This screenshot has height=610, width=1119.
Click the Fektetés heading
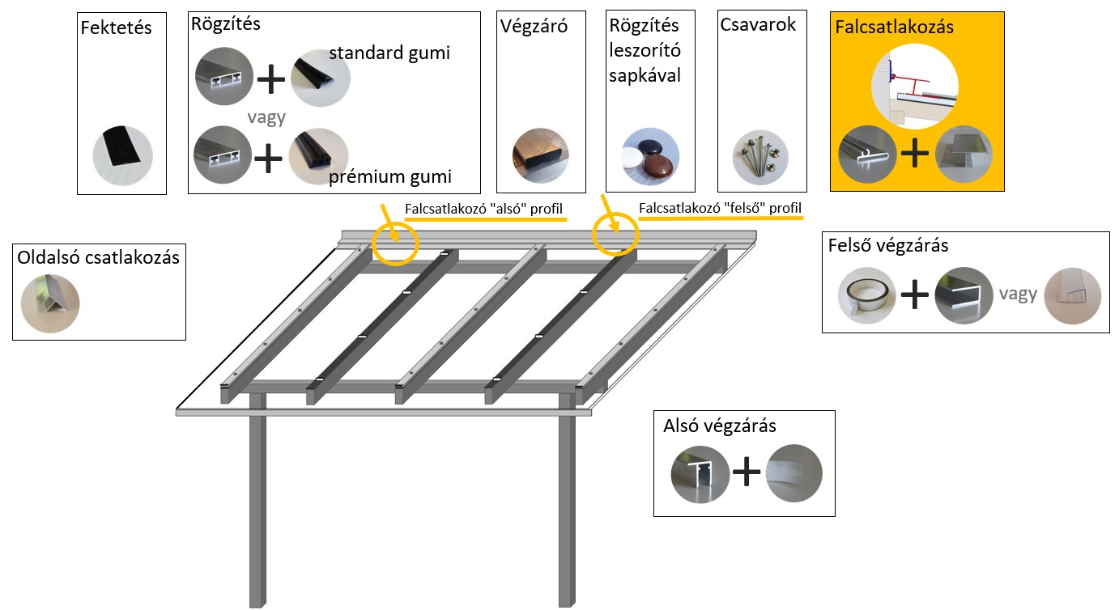coord(117,28)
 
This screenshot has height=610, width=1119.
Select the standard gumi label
coord(389,53)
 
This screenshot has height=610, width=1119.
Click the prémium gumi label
coord(390,176)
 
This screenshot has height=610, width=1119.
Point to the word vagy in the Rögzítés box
coord(267,117)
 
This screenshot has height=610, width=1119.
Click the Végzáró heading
coord(534,26)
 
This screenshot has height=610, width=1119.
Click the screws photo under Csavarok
coord(760,155)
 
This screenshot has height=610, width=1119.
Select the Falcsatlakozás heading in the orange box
coord(895,28)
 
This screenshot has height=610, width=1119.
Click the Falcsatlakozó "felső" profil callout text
coord(720,209)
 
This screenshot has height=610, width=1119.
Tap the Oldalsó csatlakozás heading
coord(98,258)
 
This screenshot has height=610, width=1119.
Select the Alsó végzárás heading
coord(720,426)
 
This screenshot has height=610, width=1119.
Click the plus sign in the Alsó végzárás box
coord(745,473)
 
